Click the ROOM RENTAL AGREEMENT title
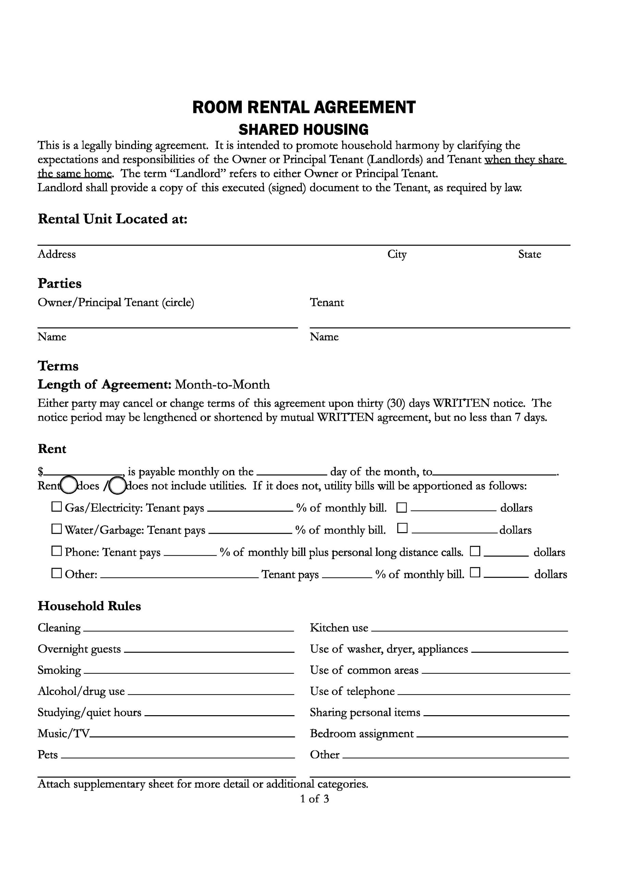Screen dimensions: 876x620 (x=304, y=107)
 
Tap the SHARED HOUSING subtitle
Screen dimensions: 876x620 (x=304, y=130)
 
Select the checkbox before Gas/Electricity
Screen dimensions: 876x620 (x=57, y=507)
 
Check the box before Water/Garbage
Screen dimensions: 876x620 (x=57, y=529)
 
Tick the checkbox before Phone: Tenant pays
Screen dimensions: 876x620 (x=57, y=551)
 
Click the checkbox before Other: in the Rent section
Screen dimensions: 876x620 (x=57, y=574)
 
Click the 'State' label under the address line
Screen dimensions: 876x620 (x=530, y=254)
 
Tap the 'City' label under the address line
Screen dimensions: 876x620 (x=397, y=254)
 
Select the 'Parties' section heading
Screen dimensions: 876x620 (x=60, y=283)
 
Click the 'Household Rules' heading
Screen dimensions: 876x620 (x=89, y=606)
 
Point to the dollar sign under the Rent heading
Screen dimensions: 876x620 (x=40, y=472)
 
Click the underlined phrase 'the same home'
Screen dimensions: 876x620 (x=74, y=174)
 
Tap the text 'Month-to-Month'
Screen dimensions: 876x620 (x=222, y=385)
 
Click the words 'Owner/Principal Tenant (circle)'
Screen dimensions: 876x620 (x=116, y=302)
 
